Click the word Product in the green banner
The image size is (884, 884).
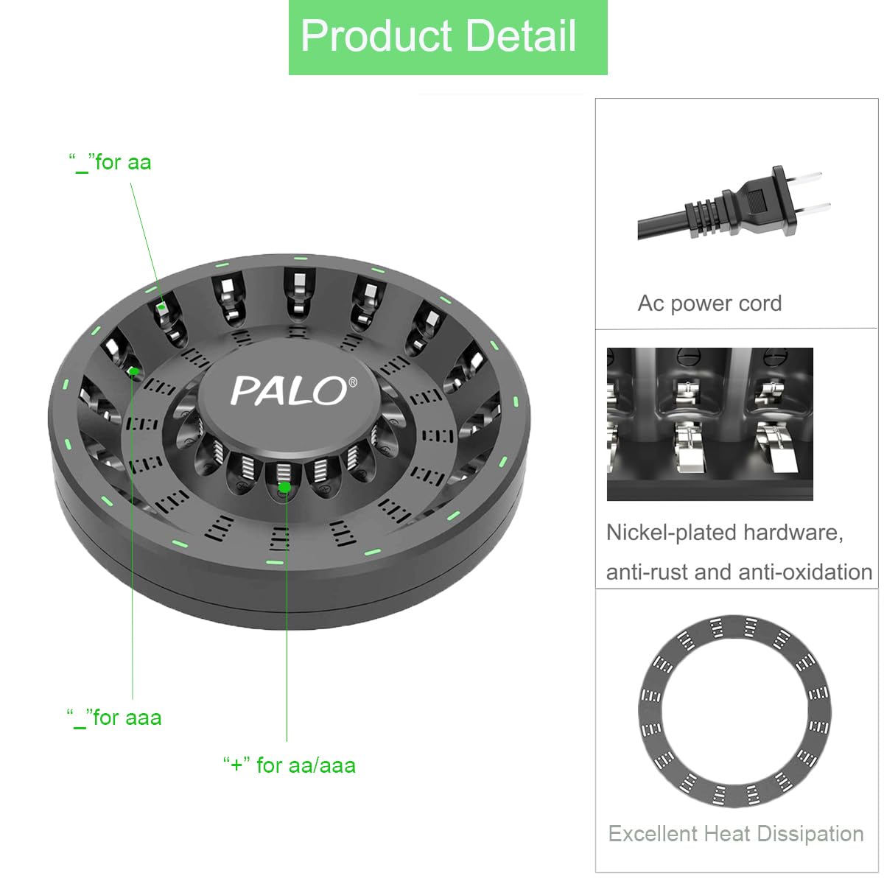click(x=376, y=36)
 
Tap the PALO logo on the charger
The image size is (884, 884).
click(x=289, y=390)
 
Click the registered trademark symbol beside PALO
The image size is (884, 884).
click(x=353, y=382)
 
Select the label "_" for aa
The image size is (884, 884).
click(x=110, y=163)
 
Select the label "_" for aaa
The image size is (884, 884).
click(x=114, y=718)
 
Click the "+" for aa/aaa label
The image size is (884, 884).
click(x=289, y=765)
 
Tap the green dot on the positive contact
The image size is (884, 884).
click(x=284, y=487)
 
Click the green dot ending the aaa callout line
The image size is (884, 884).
click(x=133, y=371)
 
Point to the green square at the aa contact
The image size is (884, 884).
click(x=161, y=306)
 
